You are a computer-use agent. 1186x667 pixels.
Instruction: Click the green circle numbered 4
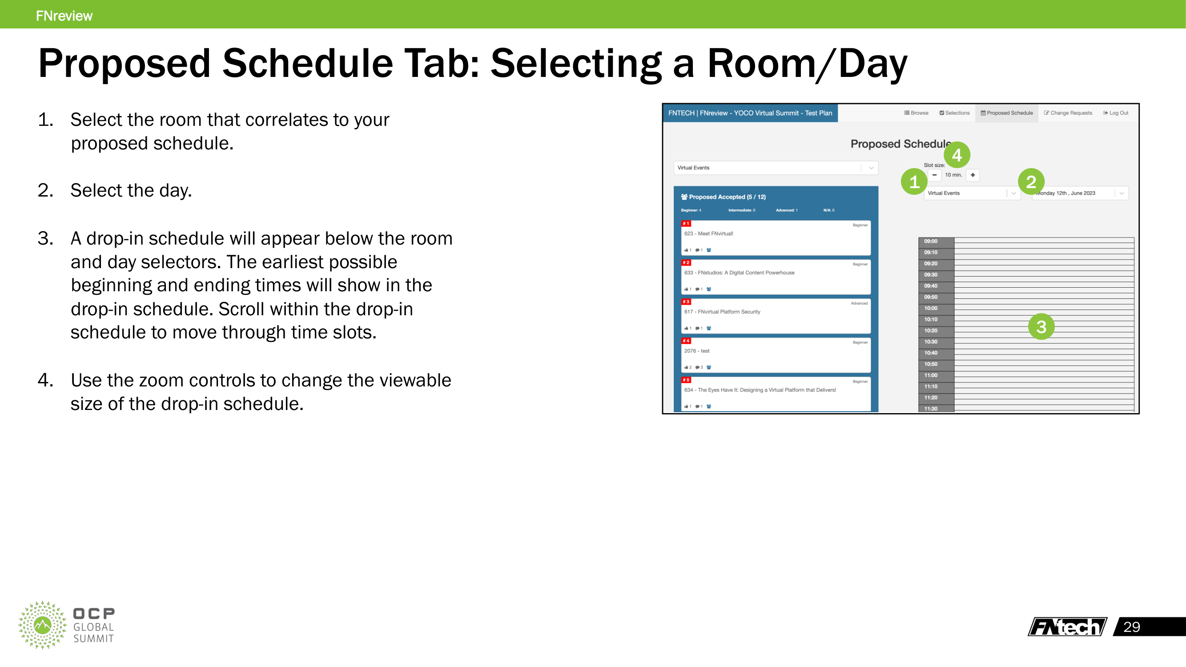click(x=957, y=155)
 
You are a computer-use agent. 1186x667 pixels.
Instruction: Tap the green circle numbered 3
click(x=1041, y=327)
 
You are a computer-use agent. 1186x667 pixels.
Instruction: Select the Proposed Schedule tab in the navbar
click(x=1006, y=113)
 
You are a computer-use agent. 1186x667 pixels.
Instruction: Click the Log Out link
click(x=1116, y=113)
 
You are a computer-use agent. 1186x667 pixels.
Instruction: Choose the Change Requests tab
click(x=1068, y=113)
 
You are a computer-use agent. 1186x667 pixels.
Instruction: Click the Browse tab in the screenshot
click(x=916, y=113)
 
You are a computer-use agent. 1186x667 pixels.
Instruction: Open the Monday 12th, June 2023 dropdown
click(x=1080, y=193)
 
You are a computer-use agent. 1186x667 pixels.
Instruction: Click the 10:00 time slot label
click(x=930, y=309)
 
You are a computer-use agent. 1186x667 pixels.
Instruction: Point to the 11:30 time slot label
click(x=930, y=409)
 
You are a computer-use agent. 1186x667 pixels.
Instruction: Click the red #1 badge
click(x=686, y=224)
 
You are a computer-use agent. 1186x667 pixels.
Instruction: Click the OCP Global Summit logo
click(x=66, y=625)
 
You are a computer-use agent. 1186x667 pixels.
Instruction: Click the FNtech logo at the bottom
click(x=1067, y=627)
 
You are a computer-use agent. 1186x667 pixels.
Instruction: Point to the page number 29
click(x=1132, y=627)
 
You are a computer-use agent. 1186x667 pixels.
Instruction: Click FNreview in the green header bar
click(x=64, y=16)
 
